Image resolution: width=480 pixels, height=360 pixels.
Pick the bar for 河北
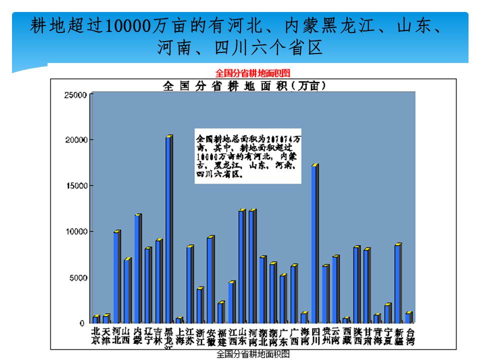[x=116, y=277]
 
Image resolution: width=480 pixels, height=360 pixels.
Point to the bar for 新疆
[x=397, y=283]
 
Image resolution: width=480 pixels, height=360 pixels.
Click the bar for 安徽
[x=210, y=279]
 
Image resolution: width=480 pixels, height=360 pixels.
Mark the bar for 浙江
[x=199, y=305]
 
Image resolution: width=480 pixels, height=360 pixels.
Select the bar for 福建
[x=220, y=312]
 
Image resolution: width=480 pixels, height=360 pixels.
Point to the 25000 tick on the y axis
[x=77, y=94]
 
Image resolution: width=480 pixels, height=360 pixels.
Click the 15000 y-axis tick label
[x=77, y=185]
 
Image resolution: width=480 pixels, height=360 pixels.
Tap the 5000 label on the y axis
[x=79, y=277]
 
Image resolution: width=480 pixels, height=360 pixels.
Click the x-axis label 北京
[x=96, y=335]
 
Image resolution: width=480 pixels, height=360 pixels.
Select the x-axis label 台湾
[x=410, y=335]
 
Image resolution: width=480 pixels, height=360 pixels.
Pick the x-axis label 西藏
[x=346, y=335]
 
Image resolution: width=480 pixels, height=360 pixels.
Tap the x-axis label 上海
[x=179, y=335]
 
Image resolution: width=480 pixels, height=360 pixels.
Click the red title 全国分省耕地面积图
[x=252, y=73]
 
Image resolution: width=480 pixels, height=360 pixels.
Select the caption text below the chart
[x=252, y=354]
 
